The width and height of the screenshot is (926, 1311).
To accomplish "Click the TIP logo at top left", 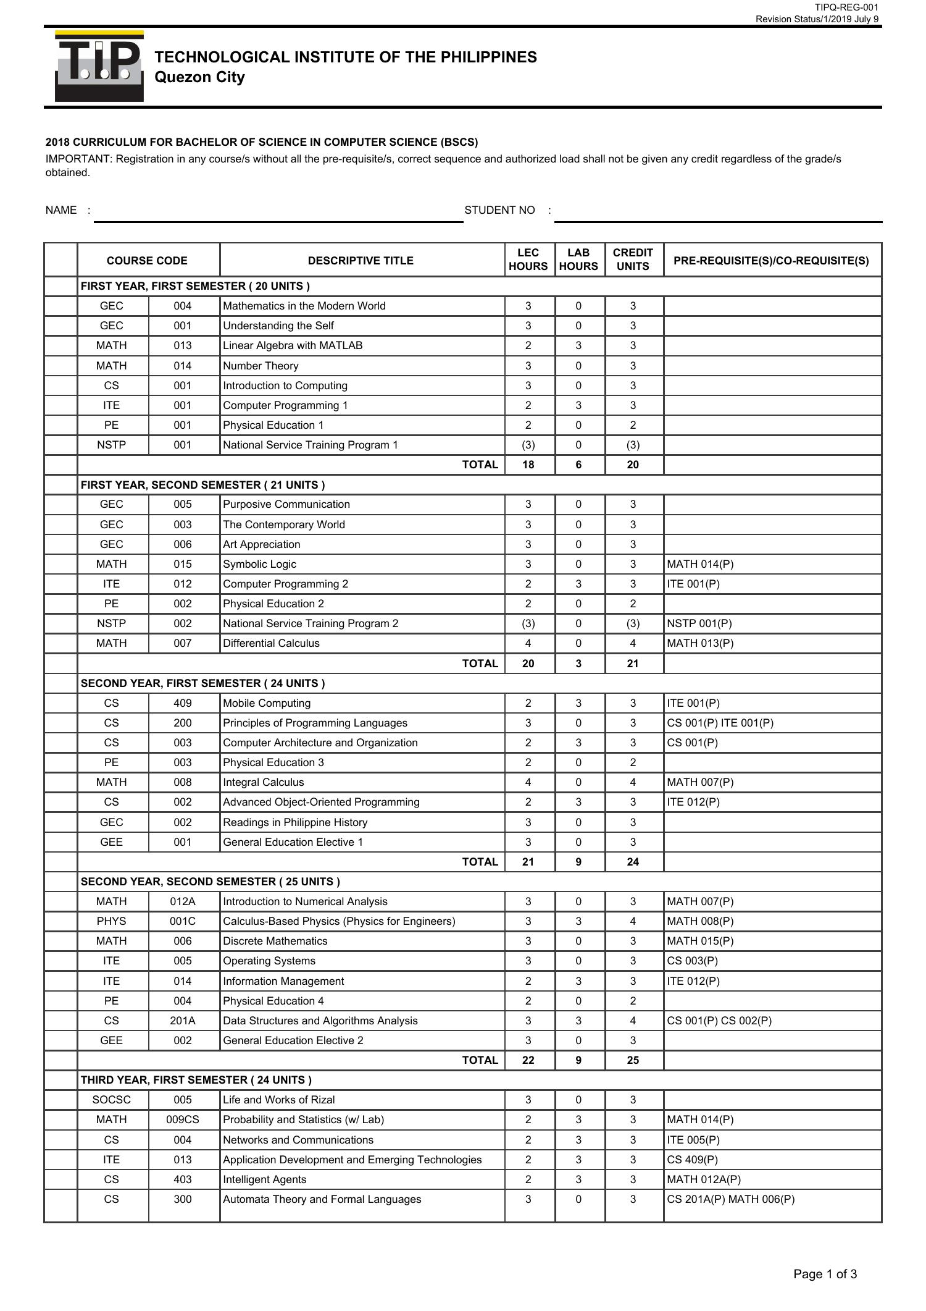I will pos(99,66).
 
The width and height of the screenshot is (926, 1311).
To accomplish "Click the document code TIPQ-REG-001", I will pos(846,7).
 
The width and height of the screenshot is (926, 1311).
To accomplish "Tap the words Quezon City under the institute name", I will pos(199,77).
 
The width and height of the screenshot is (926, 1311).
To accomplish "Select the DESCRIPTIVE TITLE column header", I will pos(361,261).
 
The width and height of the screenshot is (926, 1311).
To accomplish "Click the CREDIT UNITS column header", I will pos(633,260).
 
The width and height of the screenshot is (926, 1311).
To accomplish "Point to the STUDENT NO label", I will pos(499,210).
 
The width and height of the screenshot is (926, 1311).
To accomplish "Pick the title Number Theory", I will pos(261,366).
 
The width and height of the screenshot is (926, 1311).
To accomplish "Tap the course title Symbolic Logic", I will pos(259,564).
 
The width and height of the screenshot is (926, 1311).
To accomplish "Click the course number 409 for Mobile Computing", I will pos(183,703).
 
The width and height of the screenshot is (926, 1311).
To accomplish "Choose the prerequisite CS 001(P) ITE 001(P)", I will pos(720,723).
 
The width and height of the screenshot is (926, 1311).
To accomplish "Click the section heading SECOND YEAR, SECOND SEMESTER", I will pos(210,882).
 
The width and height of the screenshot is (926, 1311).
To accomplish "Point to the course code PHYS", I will pos(111,921).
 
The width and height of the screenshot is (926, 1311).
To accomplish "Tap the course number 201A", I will pos(183,1021).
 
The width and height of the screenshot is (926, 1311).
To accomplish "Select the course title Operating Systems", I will pos(269,961).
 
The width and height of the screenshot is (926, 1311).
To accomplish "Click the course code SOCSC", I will pos(111,1100).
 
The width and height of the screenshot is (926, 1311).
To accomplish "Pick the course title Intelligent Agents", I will pos(264,1179).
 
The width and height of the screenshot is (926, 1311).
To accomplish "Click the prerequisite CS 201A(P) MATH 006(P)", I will pos(731,1199).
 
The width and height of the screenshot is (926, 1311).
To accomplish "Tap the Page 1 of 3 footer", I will pos(825,1274).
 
